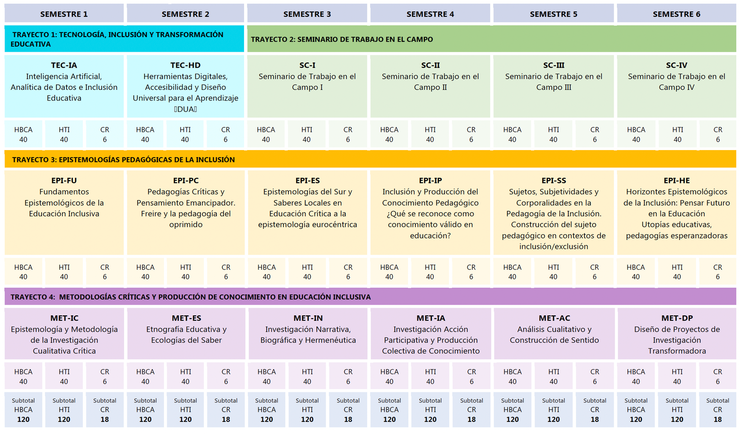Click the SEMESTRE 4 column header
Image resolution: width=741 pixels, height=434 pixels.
[x=430, y=14]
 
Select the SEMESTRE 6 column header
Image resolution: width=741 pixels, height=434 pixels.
[x=677, y=14]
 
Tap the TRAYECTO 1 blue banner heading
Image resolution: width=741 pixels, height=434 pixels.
[x=117, y=39]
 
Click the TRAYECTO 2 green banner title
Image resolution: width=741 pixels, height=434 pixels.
[x=342, y=39]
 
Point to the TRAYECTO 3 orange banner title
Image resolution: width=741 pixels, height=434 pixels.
[x=123, y=160]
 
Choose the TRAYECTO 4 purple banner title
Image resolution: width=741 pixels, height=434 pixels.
[x=190, y=297]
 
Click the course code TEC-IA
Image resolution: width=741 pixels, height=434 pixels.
[x=64, y=65]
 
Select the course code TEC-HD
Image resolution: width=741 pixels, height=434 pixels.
[x=186, y=65]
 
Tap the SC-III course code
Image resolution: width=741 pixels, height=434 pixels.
[x=554, y=65]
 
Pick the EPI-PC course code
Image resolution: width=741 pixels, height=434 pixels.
[x=186, y=181]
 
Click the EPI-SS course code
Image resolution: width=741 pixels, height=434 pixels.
[x=554, y=181]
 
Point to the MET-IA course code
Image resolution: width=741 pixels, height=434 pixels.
[x=431, y=318]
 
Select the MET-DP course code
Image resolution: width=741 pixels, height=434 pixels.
[x=677, y=318]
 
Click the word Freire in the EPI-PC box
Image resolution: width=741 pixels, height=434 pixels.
[x=151, y=214]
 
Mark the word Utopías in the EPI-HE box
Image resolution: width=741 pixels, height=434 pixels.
[x=655, y=225]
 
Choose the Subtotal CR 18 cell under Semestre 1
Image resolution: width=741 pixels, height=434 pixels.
[x=105, y=410]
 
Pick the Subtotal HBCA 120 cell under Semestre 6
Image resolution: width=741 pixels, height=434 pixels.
[x=636, y=410]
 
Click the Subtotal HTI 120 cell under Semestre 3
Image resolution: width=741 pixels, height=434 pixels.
[x=307, y=410]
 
